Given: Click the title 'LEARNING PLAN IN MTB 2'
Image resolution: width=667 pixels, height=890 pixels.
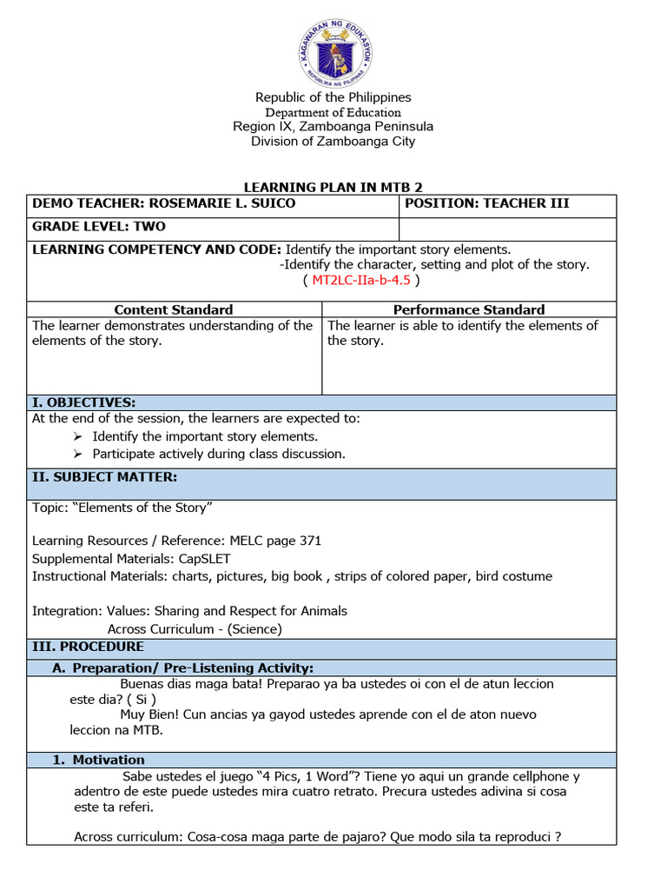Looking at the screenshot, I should pos(333,187).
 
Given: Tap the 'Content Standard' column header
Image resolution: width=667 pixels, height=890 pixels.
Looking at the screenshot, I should pos(174,309).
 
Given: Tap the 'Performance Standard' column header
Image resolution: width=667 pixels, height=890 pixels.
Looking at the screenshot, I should pos(469,309).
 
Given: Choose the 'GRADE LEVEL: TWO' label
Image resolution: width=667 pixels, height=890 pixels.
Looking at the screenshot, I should pos(99,227).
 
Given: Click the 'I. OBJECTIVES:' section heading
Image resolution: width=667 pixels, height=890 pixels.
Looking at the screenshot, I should pos(83,402).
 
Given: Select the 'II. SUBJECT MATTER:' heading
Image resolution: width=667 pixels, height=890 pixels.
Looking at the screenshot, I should pos(104,476).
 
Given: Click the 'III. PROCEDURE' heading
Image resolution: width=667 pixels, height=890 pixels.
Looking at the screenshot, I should pos(89,647).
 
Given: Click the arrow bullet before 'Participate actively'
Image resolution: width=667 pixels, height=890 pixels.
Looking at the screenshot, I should pos(78,455).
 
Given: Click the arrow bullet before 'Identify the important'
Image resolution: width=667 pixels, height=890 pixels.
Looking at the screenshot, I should pos(78,437).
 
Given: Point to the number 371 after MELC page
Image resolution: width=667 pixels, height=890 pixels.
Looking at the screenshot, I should pos(310,541).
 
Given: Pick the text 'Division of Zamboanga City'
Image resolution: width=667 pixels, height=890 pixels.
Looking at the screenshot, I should pos(333,142).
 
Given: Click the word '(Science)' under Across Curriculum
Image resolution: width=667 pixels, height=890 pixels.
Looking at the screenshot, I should pos(255,629).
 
